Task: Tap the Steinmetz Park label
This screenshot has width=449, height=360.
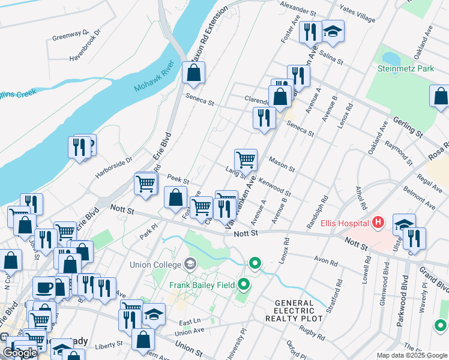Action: tap(405, 68)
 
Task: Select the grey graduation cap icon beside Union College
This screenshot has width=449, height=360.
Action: tap(190, 265)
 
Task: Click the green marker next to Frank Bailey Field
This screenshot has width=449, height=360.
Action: tap(244, 284)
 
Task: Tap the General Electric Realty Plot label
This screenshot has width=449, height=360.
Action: tap(294, 310)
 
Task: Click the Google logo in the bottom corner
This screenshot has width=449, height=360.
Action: tap(20, 353)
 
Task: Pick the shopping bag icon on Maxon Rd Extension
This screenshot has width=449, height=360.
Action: tap(193, 74)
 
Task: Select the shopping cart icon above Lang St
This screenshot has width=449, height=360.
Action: tap(246, 160)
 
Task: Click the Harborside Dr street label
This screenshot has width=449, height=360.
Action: tap(113, 169)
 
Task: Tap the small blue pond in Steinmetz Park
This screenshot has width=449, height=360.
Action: tap(391, 58)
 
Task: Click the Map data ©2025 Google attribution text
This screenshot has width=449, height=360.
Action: tap(411, 355)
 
